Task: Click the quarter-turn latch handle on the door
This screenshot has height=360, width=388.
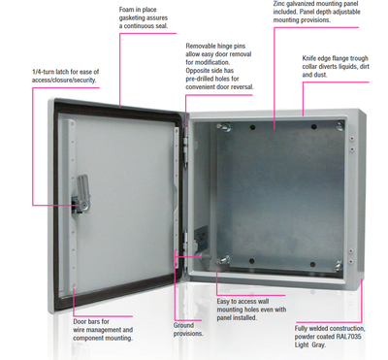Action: pyautogui.click(x=82, y=194)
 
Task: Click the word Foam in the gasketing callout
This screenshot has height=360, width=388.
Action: pyautogui.click(x=126, y=10)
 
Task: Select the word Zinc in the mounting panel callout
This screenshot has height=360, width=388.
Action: pyautogui.click(x=279, y=4)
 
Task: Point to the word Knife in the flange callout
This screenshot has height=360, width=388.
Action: pyautogui.click(x=309, y=58)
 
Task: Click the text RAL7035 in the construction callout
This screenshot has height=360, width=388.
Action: pyautogui.click(x=348, y=337)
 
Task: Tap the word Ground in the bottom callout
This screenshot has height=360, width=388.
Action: pyautogui.click(x=183, y=325)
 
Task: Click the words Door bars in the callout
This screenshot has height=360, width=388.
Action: pyautogui.click(x=86, y=321)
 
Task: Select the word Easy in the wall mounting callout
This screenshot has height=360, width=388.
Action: pyautogui.click(x=223, y=302)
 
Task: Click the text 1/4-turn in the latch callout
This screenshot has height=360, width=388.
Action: pyautogui.click(x=44, y=72)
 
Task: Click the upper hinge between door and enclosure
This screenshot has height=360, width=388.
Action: pyautogui.click(x=185, y=149)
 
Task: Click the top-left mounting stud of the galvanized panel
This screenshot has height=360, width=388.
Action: pyautogui.click(x=224, y=127)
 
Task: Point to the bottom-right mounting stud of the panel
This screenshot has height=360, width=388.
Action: pyautogui.click(x=338, y=265)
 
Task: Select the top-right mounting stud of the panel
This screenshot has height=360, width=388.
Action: pyautogui.click(x=340, y=125)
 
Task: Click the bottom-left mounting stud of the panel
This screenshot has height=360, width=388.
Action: pyautogui.click(x=224, y=260)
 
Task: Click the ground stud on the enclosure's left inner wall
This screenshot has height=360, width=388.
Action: pyautogui.click(x=206, y=256)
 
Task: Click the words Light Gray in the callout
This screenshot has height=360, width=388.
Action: pyautogui.click(x=309, y=345)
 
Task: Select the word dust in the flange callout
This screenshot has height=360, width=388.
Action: pyautogui.click(x=320, y=75)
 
